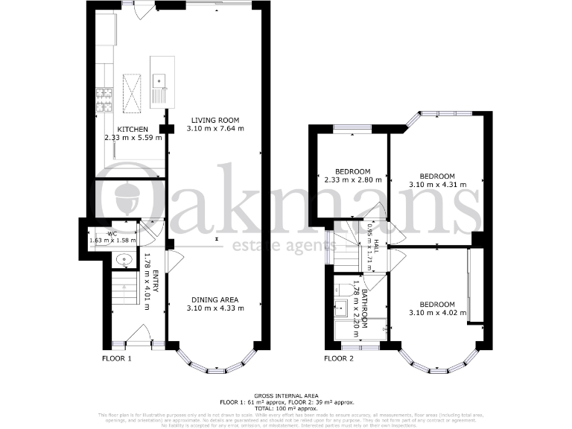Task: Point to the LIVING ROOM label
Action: (214, 120)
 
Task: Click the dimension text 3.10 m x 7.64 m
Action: (214, 128)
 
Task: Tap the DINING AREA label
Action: (214, 300)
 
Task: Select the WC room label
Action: (112, 233)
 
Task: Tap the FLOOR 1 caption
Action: (116, 358)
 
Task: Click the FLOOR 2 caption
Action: (340, 358)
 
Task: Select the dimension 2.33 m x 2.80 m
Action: (353, 179)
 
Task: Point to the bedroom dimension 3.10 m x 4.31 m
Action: (438, 184)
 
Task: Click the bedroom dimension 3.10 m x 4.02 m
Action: (436, 313)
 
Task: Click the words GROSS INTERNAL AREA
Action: (286, 395)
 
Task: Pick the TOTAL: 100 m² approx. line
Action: (286, 407)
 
